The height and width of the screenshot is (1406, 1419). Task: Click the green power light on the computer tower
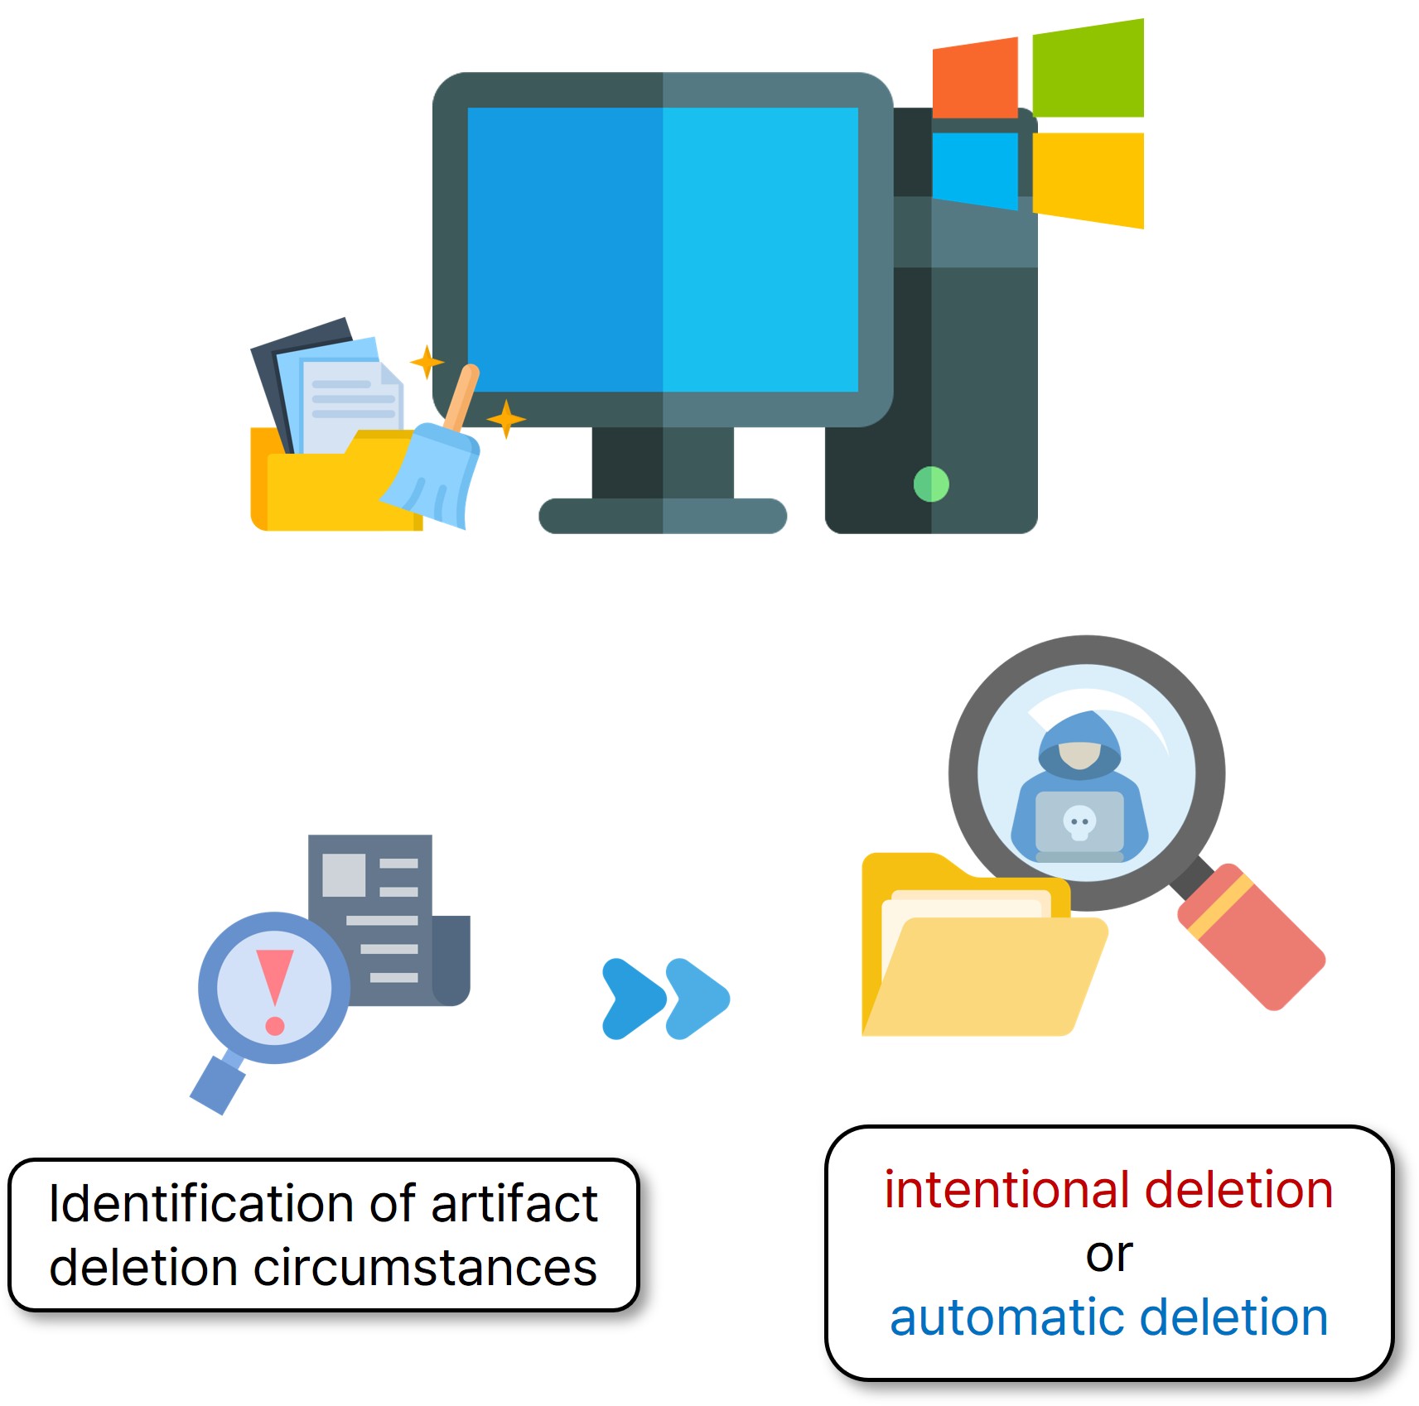pyautogui.click(x=931, y=484)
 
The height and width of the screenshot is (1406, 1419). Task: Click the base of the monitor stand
pyautogui.click(x=662, y=515)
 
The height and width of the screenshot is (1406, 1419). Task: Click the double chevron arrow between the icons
pyautogui.click(x=665, y=998)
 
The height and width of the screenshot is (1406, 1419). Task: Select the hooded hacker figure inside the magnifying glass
pyautogui.click(x=1080, y=787)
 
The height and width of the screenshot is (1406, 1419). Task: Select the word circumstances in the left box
pyautogui.click(x=424, y=1268)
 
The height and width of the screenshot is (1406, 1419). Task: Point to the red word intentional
pyautogui.click(x=1007, y=1190)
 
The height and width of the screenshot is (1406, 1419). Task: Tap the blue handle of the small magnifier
pyautogui.click(x=218, y=1084)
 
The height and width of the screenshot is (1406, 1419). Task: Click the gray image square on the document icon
pyautogui.click(x=344, y=874)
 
